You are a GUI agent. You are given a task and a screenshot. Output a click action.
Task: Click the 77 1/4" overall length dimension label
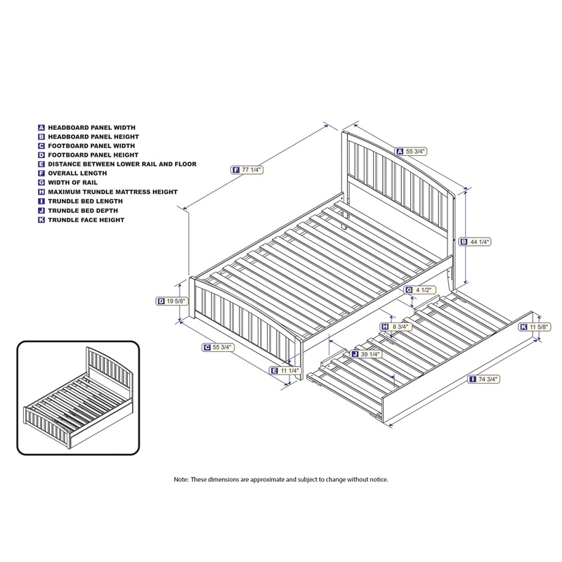247,170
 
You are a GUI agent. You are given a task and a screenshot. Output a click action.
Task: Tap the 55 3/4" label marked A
411,152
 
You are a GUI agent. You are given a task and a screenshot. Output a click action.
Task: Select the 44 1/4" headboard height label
476,242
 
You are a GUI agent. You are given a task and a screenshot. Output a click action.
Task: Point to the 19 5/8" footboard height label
172,301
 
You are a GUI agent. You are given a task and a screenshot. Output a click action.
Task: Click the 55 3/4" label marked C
218,347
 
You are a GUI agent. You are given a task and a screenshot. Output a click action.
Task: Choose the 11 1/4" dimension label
285,371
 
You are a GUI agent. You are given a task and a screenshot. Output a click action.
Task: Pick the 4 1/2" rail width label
419,290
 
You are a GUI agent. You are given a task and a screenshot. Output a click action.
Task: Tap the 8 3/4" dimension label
396,327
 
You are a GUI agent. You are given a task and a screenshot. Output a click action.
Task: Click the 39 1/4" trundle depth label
366,354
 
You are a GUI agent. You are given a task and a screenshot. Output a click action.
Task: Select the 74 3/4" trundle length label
483,379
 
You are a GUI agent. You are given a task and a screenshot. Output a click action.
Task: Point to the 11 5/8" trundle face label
535,327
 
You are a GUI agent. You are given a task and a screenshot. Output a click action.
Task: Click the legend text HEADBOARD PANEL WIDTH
92,128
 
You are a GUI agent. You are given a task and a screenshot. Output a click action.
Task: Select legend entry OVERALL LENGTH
77,173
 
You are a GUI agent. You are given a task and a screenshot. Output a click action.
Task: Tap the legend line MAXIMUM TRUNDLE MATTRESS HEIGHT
113,192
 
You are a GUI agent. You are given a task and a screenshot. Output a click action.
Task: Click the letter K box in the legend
41,220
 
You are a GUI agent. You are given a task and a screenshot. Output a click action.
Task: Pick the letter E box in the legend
41,164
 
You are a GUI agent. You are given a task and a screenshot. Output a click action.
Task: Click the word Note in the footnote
181,479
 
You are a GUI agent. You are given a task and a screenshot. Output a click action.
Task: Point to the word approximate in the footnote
268,480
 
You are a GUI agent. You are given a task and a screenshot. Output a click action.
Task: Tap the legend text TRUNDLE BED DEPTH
83,211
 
